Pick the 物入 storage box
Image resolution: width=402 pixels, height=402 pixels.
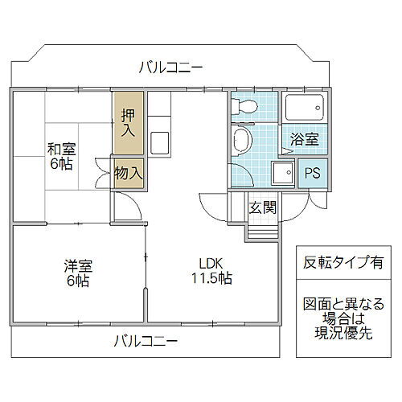pos(129,172)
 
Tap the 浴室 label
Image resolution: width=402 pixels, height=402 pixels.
pos(303,139)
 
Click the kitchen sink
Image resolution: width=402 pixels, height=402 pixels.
pos(158,142)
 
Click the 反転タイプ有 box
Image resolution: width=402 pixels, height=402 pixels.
pos(343,262)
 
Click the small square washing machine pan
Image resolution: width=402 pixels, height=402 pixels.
pos(282,173)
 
